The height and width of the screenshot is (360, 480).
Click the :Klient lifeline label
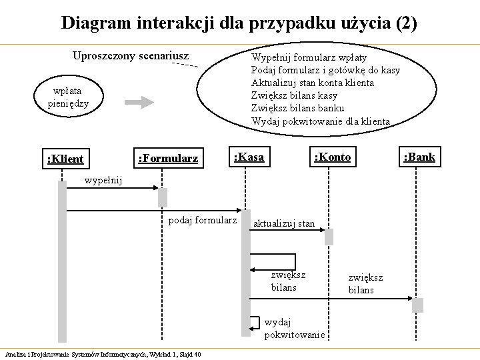[x=65, y=159]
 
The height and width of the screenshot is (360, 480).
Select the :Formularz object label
[x=167, y=159]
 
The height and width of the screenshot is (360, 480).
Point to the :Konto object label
[x=332, y=157]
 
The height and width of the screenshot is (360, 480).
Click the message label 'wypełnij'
[x=103, y=180]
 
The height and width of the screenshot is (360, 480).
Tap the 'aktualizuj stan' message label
[x=284, y=223]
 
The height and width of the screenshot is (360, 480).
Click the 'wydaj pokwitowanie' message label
[x=294, y=329]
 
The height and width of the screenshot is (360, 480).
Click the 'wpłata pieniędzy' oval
[x=68, y=97]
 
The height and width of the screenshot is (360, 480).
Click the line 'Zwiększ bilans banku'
[x=297, y=108]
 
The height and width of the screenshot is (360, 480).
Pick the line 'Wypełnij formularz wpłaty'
[x=309, y=57]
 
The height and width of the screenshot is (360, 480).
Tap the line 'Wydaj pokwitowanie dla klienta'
[x=321, y=121]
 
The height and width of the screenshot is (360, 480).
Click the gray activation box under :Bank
[x=417, y=305]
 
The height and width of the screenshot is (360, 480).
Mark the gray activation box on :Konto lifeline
[x=329, y=237]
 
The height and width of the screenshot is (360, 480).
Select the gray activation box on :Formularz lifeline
[x=162, y=197]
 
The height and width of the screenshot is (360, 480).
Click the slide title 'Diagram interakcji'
[x=239, y=23]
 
